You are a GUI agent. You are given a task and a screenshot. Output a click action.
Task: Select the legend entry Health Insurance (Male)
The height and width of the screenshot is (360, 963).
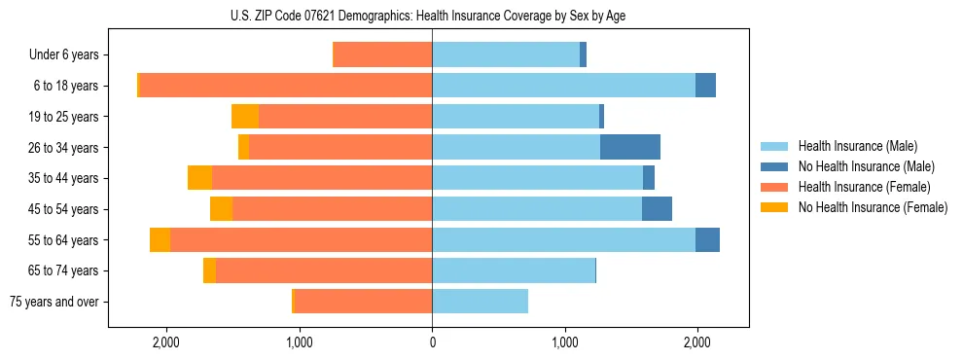coord(856,146)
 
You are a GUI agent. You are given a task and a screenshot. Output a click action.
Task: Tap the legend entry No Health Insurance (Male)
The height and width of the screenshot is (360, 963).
coord(866,166)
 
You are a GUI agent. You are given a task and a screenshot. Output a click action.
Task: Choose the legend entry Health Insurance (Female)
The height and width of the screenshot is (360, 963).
coord(864,187)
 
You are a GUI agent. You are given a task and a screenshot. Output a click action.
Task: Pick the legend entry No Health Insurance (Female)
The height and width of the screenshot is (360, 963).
coord(873,207)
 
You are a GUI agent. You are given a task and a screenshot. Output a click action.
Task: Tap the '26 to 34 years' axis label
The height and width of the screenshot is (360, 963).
coord(64,148)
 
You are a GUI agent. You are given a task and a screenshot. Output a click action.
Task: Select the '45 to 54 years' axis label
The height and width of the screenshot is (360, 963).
coord(64,209)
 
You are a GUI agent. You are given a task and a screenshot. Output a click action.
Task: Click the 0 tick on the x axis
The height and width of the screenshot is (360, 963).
coord(432,342)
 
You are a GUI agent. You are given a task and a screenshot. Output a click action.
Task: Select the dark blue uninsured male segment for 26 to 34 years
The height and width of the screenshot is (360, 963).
coord(630,147)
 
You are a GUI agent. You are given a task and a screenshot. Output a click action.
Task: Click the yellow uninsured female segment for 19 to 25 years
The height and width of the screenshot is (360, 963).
coord(245,117)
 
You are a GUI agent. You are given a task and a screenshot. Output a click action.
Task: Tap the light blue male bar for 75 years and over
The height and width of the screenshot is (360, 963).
coord(480,302)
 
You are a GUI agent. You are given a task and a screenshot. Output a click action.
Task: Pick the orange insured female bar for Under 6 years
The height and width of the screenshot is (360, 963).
coord(382,55)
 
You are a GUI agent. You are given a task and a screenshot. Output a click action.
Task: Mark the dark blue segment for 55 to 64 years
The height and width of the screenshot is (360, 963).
coord(707,239)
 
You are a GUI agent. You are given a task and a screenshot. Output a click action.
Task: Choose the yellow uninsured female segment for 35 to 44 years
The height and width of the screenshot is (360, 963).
coord(200,178)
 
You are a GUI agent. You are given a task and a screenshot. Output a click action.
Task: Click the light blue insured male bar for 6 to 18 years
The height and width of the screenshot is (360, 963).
coord(563,86)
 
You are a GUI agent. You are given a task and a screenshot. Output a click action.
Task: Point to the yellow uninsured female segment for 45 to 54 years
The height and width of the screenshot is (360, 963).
coord(222,209)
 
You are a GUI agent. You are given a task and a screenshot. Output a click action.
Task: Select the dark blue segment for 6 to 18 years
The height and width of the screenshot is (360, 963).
coord(705,86)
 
